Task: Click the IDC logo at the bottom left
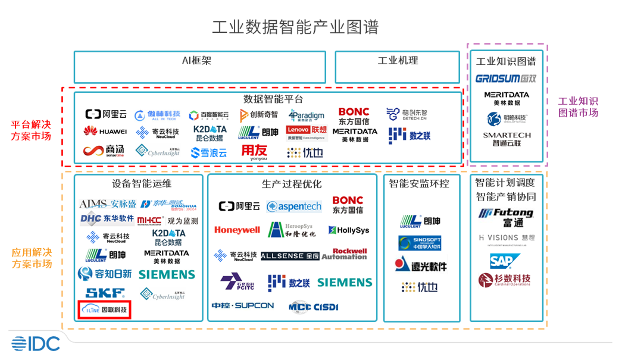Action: click(36, 343)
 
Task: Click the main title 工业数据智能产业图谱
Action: click(295, 27)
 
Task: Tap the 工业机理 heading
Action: click(398, 61)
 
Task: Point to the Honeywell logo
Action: click(237, 230)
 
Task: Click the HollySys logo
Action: click(349, 230)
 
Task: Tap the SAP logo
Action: click(505, 261)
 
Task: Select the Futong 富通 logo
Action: click(506, 217)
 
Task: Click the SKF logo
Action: click(105, 293)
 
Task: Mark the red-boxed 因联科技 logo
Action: click(105, 309)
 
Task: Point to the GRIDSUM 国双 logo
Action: click(506, 79)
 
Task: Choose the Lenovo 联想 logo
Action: click(307, 132)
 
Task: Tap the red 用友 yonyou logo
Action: click(254, 152)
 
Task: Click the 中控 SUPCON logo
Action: click(243, 306)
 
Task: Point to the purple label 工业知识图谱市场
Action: click(577, 107)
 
